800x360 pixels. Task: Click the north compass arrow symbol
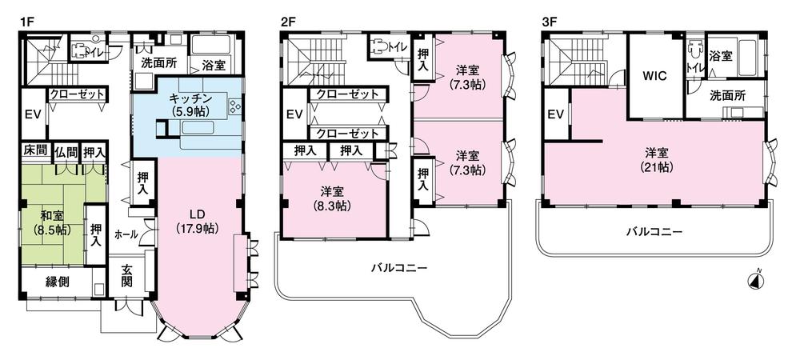[x=753, y=280]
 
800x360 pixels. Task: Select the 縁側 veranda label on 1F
[x=56, y=281]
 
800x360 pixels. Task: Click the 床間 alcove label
[x=32, y=151]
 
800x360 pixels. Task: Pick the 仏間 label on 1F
[x=67, y=151]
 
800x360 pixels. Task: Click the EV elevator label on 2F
[x=294, y=114]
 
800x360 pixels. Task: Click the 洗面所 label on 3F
[x=727, y=95]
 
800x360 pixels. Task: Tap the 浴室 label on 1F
[x=212, y=65]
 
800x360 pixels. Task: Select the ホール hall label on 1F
[x=126, y=234]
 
